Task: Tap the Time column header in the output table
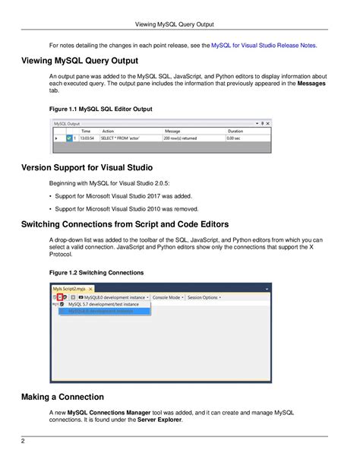(86, 131)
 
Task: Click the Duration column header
(235, 131)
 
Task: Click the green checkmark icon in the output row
(68, 138)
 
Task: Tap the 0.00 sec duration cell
(235, 138)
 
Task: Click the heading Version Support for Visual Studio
(91, 167)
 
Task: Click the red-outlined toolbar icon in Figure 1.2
(61, 297)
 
